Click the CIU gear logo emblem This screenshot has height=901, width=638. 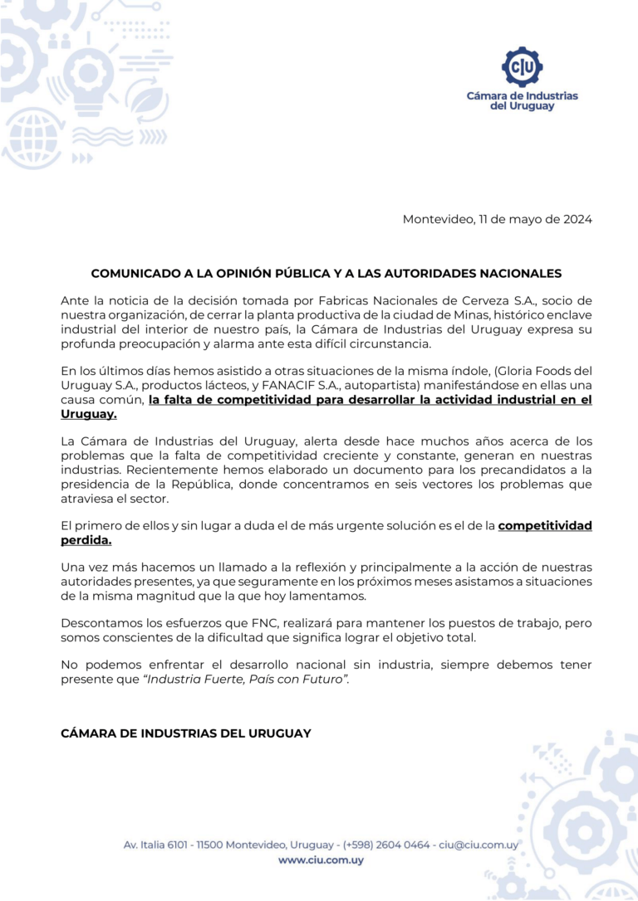(x=522, y=67)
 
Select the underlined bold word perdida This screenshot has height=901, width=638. (x=86, y=540)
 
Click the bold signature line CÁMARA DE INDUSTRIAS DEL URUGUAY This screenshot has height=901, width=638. (x=186, y=733)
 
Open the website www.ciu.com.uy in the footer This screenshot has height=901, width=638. (x=321, y=860)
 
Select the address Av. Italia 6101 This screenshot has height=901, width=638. (x=155, y=845)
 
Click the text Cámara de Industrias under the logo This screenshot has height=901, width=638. (x=522, y=96)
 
